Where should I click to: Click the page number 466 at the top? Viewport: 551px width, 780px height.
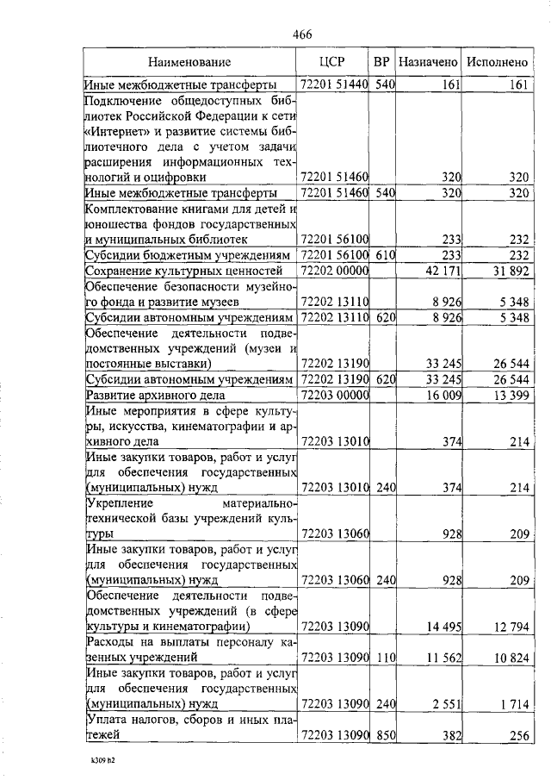click(301, 34)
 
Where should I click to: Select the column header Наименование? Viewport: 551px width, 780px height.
click(189, 62)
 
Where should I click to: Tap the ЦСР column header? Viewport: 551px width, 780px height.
click(331, 62)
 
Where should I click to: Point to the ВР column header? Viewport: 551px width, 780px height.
click(382, 62)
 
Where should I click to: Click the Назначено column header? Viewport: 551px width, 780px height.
click(428, 62)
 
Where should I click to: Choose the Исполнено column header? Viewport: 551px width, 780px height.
click(496, 62)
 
